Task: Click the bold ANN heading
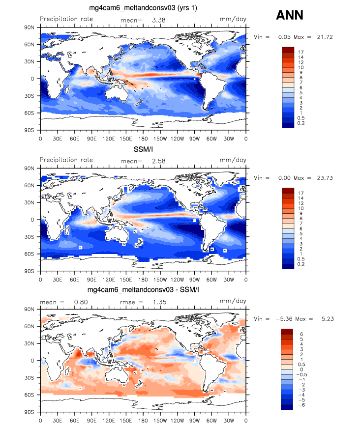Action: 289,16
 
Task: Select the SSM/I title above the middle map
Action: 143,149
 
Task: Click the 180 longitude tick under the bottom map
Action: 143,420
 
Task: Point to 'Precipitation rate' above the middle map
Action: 66,160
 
